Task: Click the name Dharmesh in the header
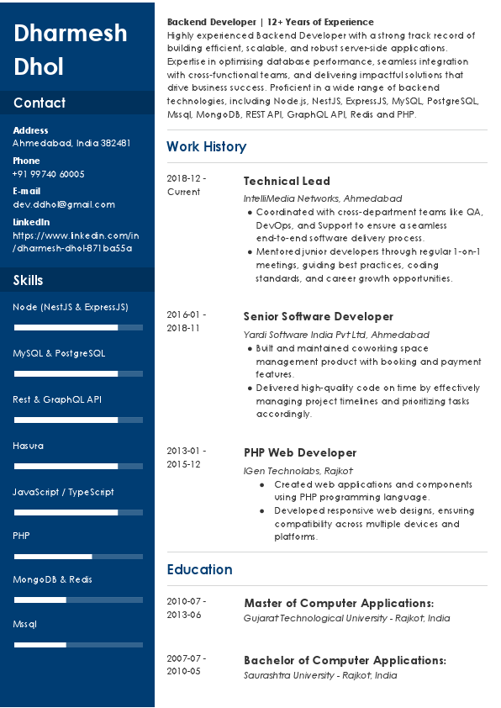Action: (71, 33)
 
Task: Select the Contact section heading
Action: (40, 103)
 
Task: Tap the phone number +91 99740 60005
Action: (49, 174)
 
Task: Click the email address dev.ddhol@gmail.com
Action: (64, 204)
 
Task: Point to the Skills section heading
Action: (28, 280)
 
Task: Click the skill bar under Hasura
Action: (78, 465)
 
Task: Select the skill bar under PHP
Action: (78, 556)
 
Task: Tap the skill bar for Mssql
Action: (78, 645)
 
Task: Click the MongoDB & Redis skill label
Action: (52, 579)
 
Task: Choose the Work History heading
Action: (206, 146)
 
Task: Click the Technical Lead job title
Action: (287, 181)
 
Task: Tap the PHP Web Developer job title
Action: (300, 452)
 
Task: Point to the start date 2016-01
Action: (186, 314)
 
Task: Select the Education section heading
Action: (199, 569)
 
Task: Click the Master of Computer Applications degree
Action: (339, 603)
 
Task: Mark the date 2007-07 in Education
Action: (186, 658)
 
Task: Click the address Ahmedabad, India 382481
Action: (71, 143)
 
